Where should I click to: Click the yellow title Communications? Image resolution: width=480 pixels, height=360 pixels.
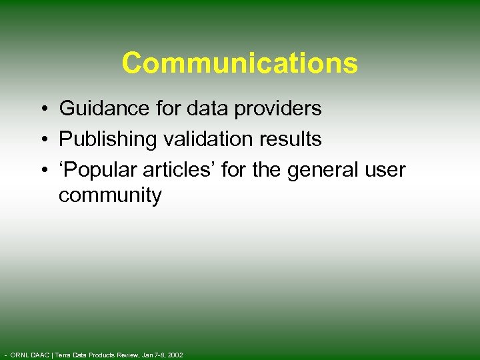click(x=240, y=63)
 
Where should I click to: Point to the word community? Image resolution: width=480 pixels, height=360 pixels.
click(x=110, y=196)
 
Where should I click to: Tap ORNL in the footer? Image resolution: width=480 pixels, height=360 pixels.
click(x=19, y=355)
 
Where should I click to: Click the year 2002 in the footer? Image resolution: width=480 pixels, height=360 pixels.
click(x=174, y=355)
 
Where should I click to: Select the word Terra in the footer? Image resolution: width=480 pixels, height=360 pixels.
click(x=65, y=355)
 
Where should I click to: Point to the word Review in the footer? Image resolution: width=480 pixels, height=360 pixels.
click(x=125, y=355)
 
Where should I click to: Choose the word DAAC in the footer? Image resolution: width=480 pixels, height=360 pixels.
click(x=40, y=355)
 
